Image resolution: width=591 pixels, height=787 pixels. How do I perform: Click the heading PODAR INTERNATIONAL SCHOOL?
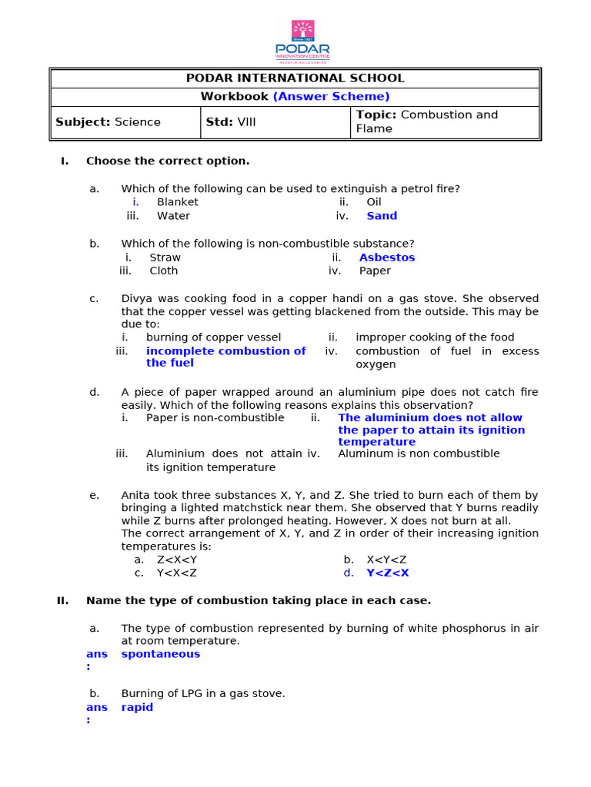click(x=295, y=78)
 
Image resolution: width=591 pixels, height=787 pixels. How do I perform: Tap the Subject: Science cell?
click(x=109, y=122)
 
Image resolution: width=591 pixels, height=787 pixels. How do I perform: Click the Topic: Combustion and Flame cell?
click(x=426, y=121)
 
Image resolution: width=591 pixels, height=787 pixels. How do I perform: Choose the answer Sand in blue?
click(x=382, y=216)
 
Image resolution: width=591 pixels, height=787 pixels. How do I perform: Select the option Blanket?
click(x=177, y=202)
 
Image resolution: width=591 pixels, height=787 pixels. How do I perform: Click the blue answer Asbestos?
click(x=386, y=257)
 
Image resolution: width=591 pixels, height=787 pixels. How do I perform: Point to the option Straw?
click(x=165, y=257)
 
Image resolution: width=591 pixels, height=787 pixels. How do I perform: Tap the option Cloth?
click(x=163, y=271)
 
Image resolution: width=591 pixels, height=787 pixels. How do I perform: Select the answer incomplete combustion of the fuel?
click(x=225, y=357)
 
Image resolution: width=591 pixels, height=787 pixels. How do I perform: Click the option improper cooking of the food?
click(x=435, y=337)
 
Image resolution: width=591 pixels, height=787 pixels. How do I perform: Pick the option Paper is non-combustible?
click(x=215, y=418)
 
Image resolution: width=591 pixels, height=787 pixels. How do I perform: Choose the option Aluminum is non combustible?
click(x=419, y=453)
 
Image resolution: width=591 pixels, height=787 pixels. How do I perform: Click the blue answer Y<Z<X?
click(x=388, y=573)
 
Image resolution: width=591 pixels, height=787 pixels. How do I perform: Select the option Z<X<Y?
click(x=176, y=560)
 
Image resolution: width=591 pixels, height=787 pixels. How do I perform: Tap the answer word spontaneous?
click(x=160, y=654)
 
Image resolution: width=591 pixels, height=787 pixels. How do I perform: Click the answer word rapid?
click(x=137, y=707)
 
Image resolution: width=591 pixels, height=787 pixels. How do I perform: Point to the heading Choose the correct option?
click(x=168, y=161)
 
